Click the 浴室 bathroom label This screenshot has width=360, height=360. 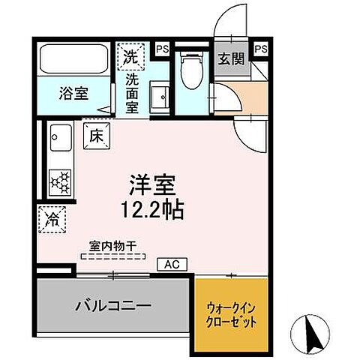(x=73, y=94)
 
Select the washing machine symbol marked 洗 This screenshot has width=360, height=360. (x=130, y=55)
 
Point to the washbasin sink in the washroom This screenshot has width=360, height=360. (x=159, y=97)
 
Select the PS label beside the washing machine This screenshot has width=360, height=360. (x=161, y=49)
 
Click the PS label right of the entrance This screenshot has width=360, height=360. (x=261, y=49)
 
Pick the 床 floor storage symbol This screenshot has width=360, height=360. (x=97, y=136)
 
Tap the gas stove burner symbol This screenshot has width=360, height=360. (x=59, y=181)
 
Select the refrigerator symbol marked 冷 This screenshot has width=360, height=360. (x=52, y=219)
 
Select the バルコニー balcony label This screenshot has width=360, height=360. (x=112, y=306)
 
